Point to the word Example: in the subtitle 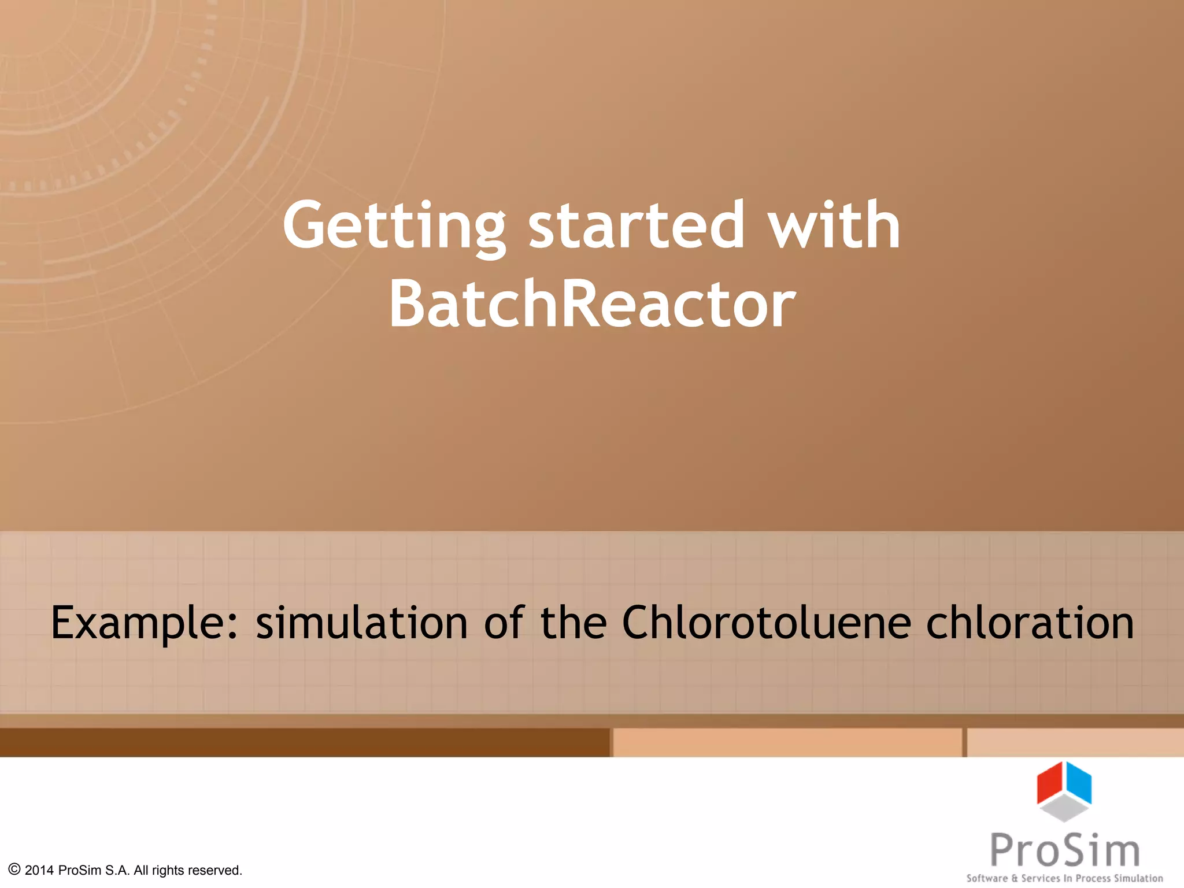point(145,623)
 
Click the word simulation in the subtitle point(362,623)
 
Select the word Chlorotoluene point(766,623)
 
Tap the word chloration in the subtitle point(1030,623)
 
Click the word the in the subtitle point(573,623)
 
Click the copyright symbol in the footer point(14,869)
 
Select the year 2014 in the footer point(39,870)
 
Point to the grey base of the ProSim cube point(1064,808)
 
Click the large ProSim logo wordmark point(1065,850)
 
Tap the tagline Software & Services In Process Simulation point(1065,878)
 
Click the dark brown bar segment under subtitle point(304,742)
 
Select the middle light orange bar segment point(787,742)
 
